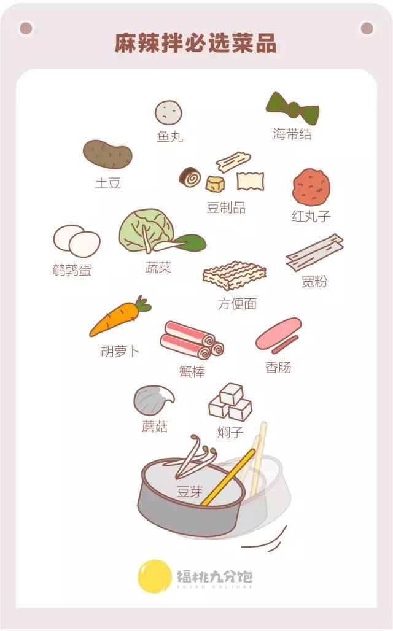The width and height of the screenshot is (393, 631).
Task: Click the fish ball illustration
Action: point(168,112)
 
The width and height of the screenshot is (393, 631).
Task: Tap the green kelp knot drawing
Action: point(292,109)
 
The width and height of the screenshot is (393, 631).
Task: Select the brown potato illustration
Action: point(108,155)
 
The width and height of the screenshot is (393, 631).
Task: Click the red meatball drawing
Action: point(311,187)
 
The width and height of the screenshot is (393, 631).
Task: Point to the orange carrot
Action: point(115,320)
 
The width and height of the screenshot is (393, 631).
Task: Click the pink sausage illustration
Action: point(278,334)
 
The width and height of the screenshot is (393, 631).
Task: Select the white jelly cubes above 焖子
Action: point(230,401)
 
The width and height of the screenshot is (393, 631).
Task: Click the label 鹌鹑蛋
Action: point(72,270)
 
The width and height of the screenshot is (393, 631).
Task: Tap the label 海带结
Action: point(292,134)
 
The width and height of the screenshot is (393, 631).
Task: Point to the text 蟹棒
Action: point(192,371)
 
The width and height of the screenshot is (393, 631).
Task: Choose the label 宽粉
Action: point(314,282)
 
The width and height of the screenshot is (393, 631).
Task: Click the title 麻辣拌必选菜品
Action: point(196,44)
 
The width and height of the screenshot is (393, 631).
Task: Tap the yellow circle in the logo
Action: point(154,576)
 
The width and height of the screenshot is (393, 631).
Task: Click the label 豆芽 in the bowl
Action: point(189,491)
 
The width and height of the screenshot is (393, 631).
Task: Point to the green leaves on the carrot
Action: point(143,304)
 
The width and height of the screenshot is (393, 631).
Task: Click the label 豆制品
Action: point(226,208)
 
